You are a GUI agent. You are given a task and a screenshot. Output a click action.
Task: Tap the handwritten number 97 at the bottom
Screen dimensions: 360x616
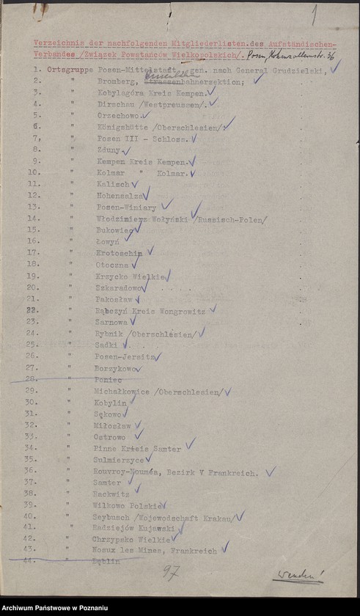coord(170,571)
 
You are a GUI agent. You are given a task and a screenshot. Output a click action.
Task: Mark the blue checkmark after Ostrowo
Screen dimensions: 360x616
coord(139,434)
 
